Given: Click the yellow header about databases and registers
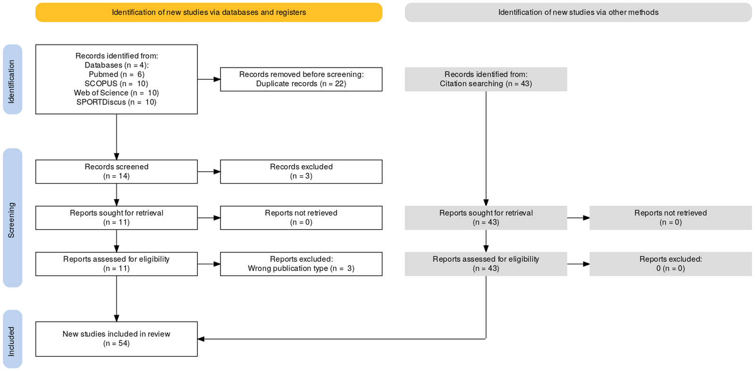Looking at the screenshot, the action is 209,12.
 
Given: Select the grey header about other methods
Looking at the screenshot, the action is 579,12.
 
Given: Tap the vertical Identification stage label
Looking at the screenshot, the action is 12,80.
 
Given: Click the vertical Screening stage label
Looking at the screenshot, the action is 12,218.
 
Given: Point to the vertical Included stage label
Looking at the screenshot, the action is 12,339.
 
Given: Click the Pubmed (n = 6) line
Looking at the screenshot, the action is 117,74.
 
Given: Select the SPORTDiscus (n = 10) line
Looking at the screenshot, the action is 117,102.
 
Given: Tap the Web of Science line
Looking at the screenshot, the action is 117,93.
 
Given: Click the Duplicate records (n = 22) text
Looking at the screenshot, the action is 302,84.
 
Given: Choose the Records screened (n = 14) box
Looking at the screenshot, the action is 117,172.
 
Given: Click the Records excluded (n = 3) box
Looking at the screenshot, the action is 302,172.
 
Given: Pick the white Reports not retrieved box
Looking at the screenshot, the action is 302,218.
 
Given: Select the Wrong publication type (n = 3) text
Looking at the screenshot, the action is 302,269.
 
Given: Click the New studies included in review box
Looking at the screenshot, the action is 117,339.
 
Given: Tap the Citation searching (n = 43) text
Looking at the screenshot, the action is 486,84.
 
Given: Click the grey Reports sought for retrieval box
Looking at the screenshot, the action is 486,218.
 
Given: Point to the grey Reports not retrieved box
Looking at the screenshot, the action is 671,218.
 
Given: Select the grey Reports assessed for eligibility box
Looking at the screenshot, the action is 486,264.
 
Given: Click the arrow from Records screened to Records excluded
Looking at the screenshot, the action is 209,172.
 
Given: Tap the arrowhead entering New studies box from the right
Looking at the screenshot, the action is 201,339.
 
